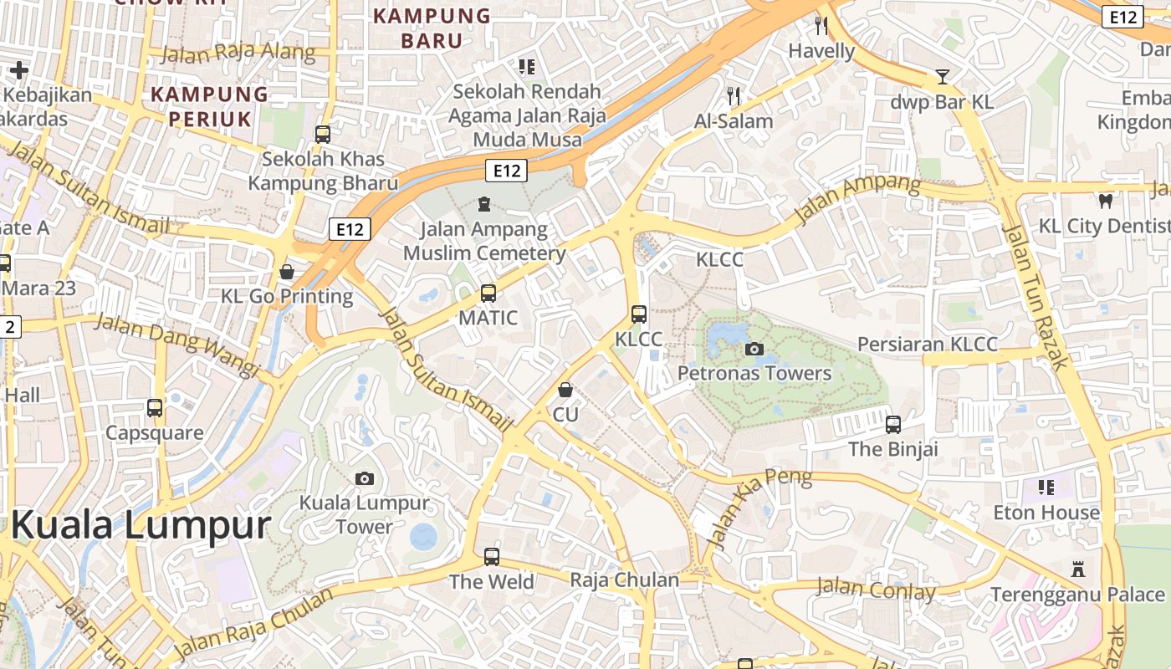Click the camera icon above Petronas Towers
(x=754, y=349)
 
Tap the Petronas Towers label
(x=754, y=373)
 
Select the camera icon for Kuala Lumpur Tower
(x=364, y=478)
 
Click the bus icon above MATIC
(x=488, y=294)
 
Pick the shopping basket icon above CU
(x=565, y=390)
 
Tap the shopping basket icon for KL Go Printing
(x=287, y=272)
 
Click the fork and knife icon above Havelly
(x=821, y=26)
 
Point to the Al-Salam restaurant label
(x=734, y=121)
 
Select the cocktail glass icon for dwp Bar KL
(x=943, y=78)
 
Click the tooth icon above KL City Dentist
(x=1105, y=201)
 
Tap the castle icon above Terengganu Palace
(x=1078, y=569)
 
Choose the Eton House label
(x=1046, y=512)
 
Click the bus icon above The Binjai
(x=893, y=424)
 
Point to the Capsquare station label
(x=154, y=432)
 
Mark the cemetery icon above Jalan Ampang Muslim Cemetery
(x=483, y=203)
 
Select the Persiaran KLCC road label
(x=928, y=345)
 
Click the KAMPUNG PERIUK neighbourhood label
(x=209, y=106)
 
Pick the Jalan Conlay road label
(x=876, y=590)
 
